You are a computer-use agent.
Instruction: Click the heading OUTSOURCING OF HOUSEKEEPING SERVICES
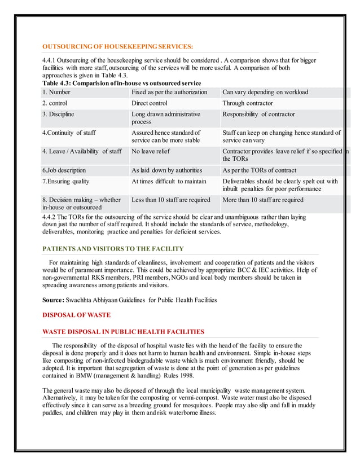coord(117,46)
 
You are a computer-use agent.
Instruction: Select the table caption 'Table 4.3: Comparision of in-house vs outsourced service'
coord(121,83)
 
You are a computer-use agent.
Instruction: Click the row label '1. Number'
coord(56,92)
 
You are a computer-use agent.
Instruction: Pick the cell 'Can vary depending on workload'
coord(265,92)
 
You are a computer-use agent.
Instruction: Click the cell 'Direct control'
coord(150,103)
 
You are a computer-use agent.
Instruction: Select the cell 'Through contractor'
coord(248,103)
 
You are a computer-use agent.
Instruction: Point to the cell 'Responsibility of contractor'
coord(258,114)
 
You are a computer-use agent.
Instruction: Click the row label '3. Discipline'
coord(59,114)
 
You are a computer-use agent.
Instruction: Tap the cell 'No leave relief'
coord(151,151)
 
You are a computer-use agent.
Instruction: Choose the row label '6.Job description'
coord(64,170)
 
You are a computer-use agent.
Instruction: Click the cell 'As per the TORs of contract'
coord(260,170)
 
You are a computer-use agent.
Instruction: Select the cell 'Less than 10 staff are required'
coord(170,200)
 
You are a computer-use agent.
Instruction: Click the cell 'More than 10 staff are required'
coord(263,200)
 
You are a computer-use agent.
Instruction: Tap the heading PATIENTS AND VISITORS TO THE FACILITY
coord(113,249)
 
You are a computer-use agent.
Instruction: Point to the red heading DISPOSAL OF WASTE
coord(76,315)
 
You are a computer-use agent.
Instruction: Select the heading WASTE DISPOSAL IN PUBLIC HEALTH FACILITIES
coord(123,332)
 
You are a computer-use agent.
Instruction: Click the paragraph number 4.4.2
coord(51,217)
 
